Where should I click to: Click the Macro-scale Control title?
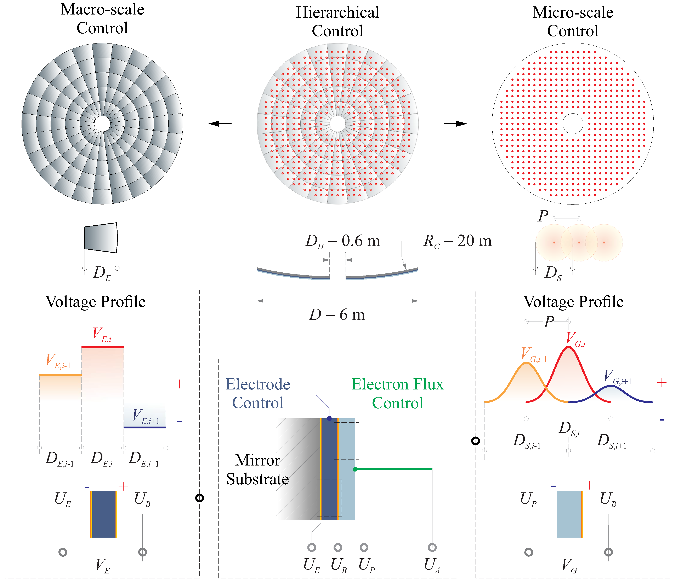coord(102,19)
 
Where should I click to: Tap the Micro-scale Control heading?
coord(573,22)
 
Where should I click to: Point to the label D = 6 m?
coord(337,315)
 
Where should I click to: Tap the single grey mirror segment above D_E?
coord(100,238)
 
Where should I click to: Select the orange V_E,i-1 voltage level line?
coord(60,375)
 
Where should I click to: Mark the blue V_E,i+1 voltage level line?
coord(144,427)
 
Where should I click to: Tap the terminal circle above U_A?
coord(432,548)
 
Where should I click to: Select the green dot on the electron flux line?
coord(355,469)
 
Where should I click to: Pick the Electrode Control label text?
coord(258,393)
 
